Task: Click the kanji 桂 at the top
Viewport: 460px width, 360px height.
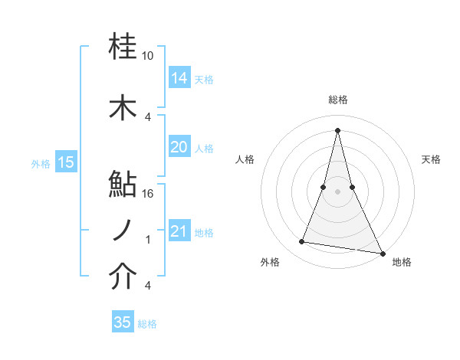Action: tap(123, 47)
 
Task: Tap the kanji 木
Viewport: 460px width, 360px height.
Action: tap(123, 108)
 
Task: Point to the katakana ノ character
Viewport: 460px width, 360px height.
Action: tap(123, 231)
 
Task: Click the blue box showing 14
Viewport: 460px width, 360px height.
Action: tap(179, 78)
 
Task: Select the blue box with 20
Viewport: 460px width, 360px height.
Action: tap(179, 147)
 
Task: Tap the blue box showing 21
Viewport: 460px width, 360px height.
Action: tap(179, 231)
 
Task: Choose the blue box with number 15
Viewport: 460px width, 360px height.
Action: tap(66, 162)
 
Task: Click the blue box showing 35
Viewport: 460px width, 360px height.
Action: tap(123, 322)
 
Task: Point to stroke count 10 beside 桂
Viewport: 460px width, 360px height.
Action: tap(148, 56)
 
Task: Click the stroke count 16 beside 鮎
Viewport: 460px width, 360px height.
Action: tap(148, 194)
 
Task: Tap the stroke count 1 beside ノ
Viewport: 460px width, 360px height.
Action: tap(148, 240)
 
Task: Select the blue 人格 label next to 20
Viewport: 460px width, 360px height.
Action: tap(204, 148)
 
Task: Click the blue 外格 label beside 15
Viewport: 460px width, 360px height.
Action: tap(41, 163)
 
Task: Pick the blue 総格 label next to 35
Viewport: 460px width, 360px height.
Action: tap(147, 323)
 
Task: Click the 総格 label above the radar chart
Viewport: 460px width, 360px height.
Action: tap(338, 100)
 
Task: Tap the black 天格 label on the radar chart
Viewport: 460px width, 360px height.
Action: tap(431, 159)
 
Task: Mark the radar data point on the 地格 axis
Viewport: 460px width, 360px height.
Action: tap(382, 254)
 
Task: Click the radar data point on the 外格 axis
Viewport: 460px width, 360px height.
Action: tap(302, 242)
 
